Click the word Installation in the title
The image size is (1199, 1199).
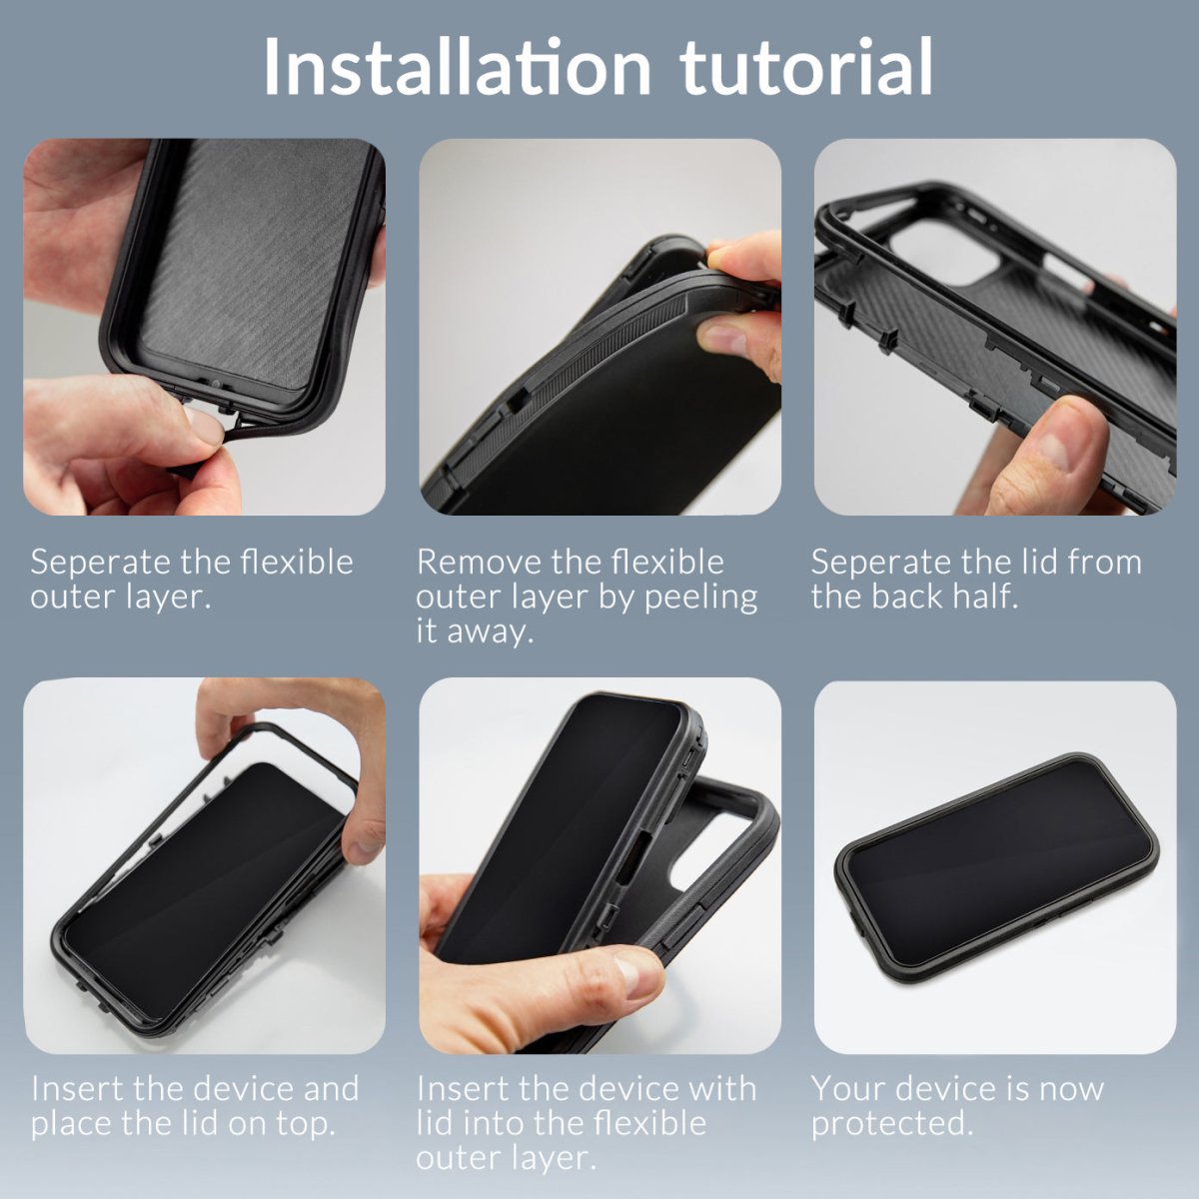pos(457,67)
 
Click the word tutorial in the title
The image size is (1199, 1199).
pos(807,67)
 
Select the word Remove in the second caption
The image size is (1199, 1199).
pos(471,563)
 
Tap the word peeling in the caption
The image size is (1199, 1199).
pos(700,599)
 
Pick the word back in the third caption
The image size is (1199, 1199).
pos(906,597)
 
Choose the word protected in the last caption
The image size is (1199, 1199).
pos(891,1124)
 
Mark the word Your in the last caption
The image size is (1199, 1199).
pos(844,1088)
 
